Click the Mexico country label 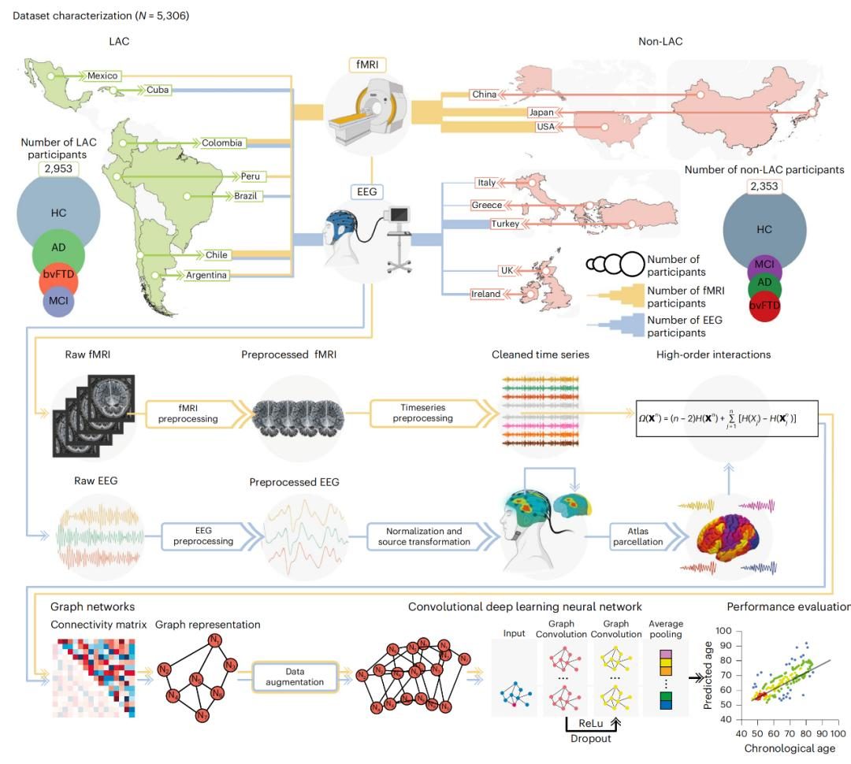pyautogui.click(x=102, y=76)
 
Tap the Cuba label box pyautogui.click(x=158, y=91)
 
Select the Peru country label pyautogui.click(x=252, y=176)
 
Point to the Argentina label pyautogui.click(x=207, y=275)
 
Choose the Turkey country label pyautogui.click(x=505, y=224)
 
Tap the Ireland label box pyautogui.click(x=486, y=294)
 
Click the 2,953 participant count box pyautogui.click(x=60, y=169)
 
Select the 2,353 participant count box pyautogui.click(x=763, y=186)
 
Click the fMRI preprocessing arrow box pyautogui.click(x=188, y=414)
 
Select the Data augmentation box pyautogui.click(x=293, y=676)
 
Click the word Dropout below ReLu pyautogui.click(x=591, y=738)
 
